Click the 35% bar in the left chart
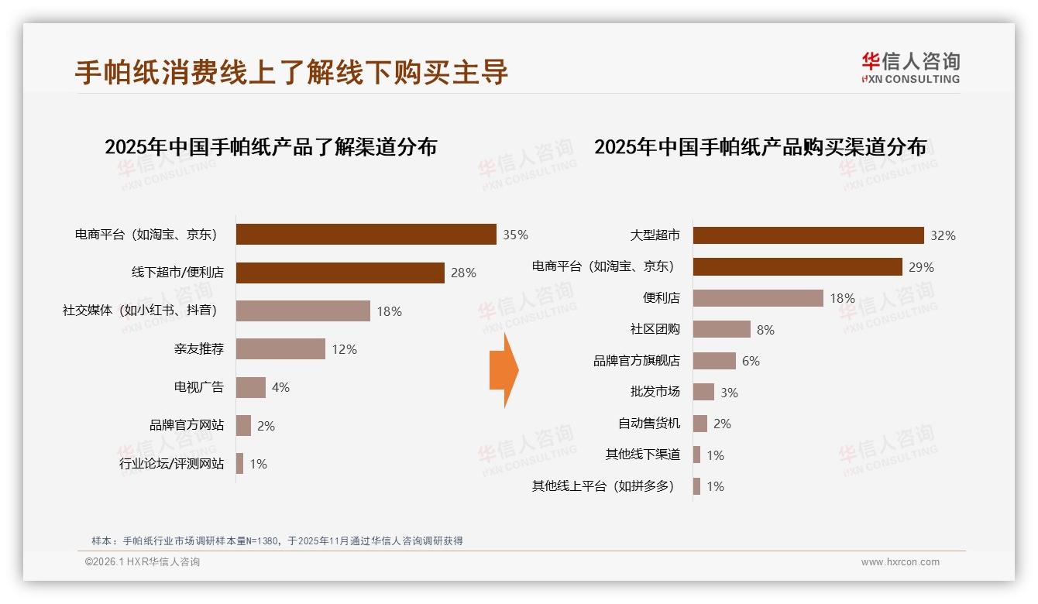pyautogui.click(x=366, y=235)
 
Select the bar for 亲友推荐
pyautogui.click(x=280, y=349)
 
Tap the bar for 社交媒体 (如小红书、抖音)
pyautogui.click(x=303, y=311)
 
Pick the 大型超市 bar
pyautogui.click(x=808, y=235)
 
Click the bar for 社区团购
pyautogui.click(x=721, y=329)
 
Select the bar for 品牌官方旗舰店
pyautogui.click(x=714, y=361)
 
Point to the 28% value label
pyautogui.click(x=463, y=273)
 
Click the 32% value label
pyautogui.click(x=943, y=235)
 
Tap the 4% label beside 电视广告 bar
pyautogui.click(x=280, y=387)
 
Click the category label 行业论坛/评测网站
pyautogui.click(x=171, y=464)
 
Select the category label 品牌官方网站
pyautogui.click(x=187, y=425)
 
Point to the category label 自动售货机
pyautogui.click(x=648, y=424)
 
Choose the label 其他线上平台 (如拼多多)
pyautogui.click(x=603, y=486)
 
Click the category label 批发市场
pyautogui.click(x=655, y=392)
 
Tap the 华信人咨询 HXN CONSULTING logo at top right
pyautogui.click(x=910, y=67)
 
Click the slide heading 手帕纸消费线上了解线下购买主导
pyautogui.click(x=291, y=71)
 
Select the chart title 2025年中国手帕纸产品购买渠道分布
pyautogui.click(x=760, y=147)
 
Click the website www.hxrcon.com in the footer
pyautogui.click(x=900, y=562)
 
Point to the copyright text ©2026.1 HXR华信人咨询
pyautogui.click(x=142, y=562)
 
